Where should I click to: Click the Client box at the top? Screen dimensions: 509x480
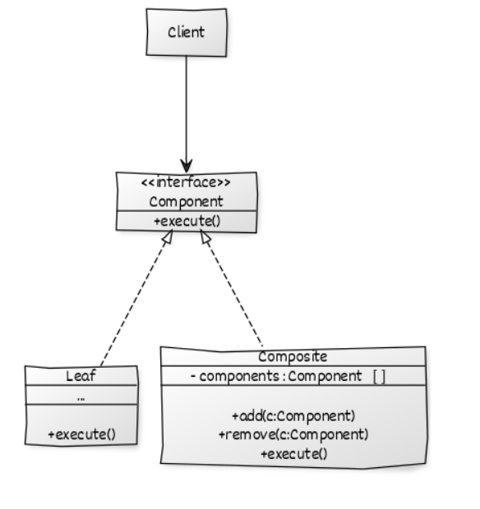click(186, 33)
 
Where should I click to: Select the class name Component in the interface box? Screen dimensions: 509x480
click(186, 201)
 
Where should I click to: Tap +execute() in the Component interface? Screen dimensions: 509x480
click(186, 220)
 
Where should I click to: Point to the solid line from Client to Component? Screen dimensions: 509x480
click(187, 107)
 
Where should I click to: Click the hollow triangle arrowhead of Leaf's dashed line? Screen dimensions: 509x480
click(167, 238)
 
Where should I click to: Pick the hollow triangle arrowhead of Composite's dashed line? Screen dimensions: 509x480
click(205, 238)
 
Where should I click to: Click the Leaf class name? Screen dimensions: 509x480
click(81, 377)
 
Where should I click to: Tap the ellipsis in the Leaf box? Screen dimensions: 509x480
click(81, 397)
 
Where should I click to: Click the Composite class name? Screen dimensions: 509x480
click(293, 357)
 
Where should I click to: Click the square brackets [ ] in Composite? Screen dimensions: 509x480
click(379, 377)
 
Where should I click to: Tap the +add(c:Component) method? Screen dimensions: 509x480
click(293, 415)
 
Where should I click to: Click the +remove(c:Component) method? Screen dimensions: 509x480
click(293, 433)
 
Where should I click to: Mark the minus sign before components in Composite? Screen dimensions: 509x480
click(192, 377)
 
